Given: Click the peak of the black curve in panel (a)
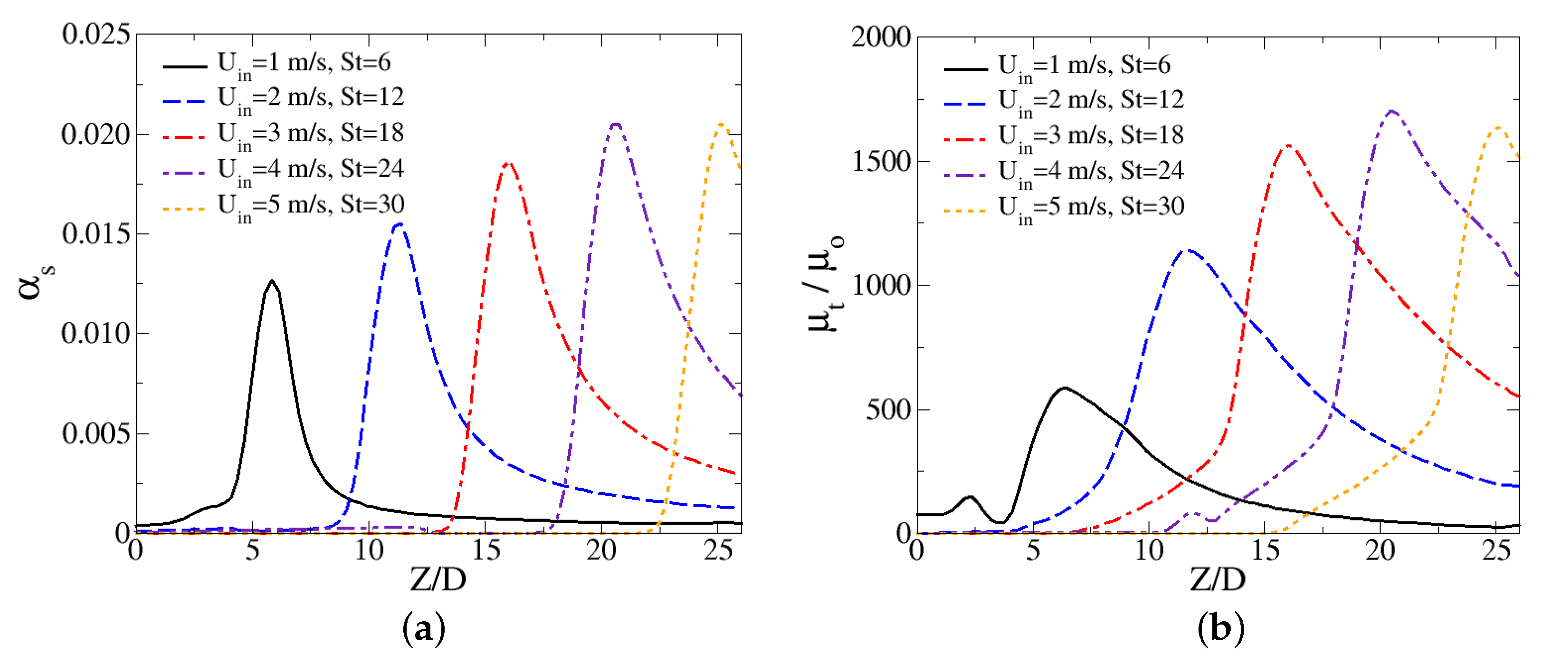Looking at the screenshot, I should pyautogui.click(x=272, y=281).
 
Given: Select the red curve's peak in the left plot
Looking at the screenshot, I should pyautogui.click(x=508, y=163).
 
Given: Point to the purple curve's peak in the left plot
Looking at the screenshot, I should pyautogui.click(x=615, y=124).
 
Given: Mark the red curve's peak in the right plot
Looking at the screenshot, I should pyautogui.click(x=1287, y=145).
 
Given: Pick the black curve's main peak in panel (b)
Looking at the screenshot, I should pyautogui.click(x=1064, y=388).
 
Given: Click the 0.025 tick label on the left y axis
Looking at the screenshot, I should pyautogui.click(x=96, y=34).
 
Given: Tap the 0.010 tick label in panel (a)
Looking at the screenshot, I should pyautogui.click(x=96, y=334).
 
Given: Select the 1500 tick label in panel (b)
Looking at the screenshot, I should pyautogui.click(x=881, y=162).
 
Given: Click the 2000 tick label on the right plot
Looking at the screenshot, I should pyautogui.click(x=881, y=37).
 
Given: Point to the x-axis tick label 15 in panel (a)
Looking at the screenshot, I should pyautogui.click(x=485, y=549).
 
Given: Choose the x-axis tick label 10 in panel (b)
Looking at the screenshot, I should pyautogui.click(x=1149, y=549).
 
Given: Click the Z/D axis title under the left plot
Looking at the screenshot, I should pyautogui.click(x=438, y=579).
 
